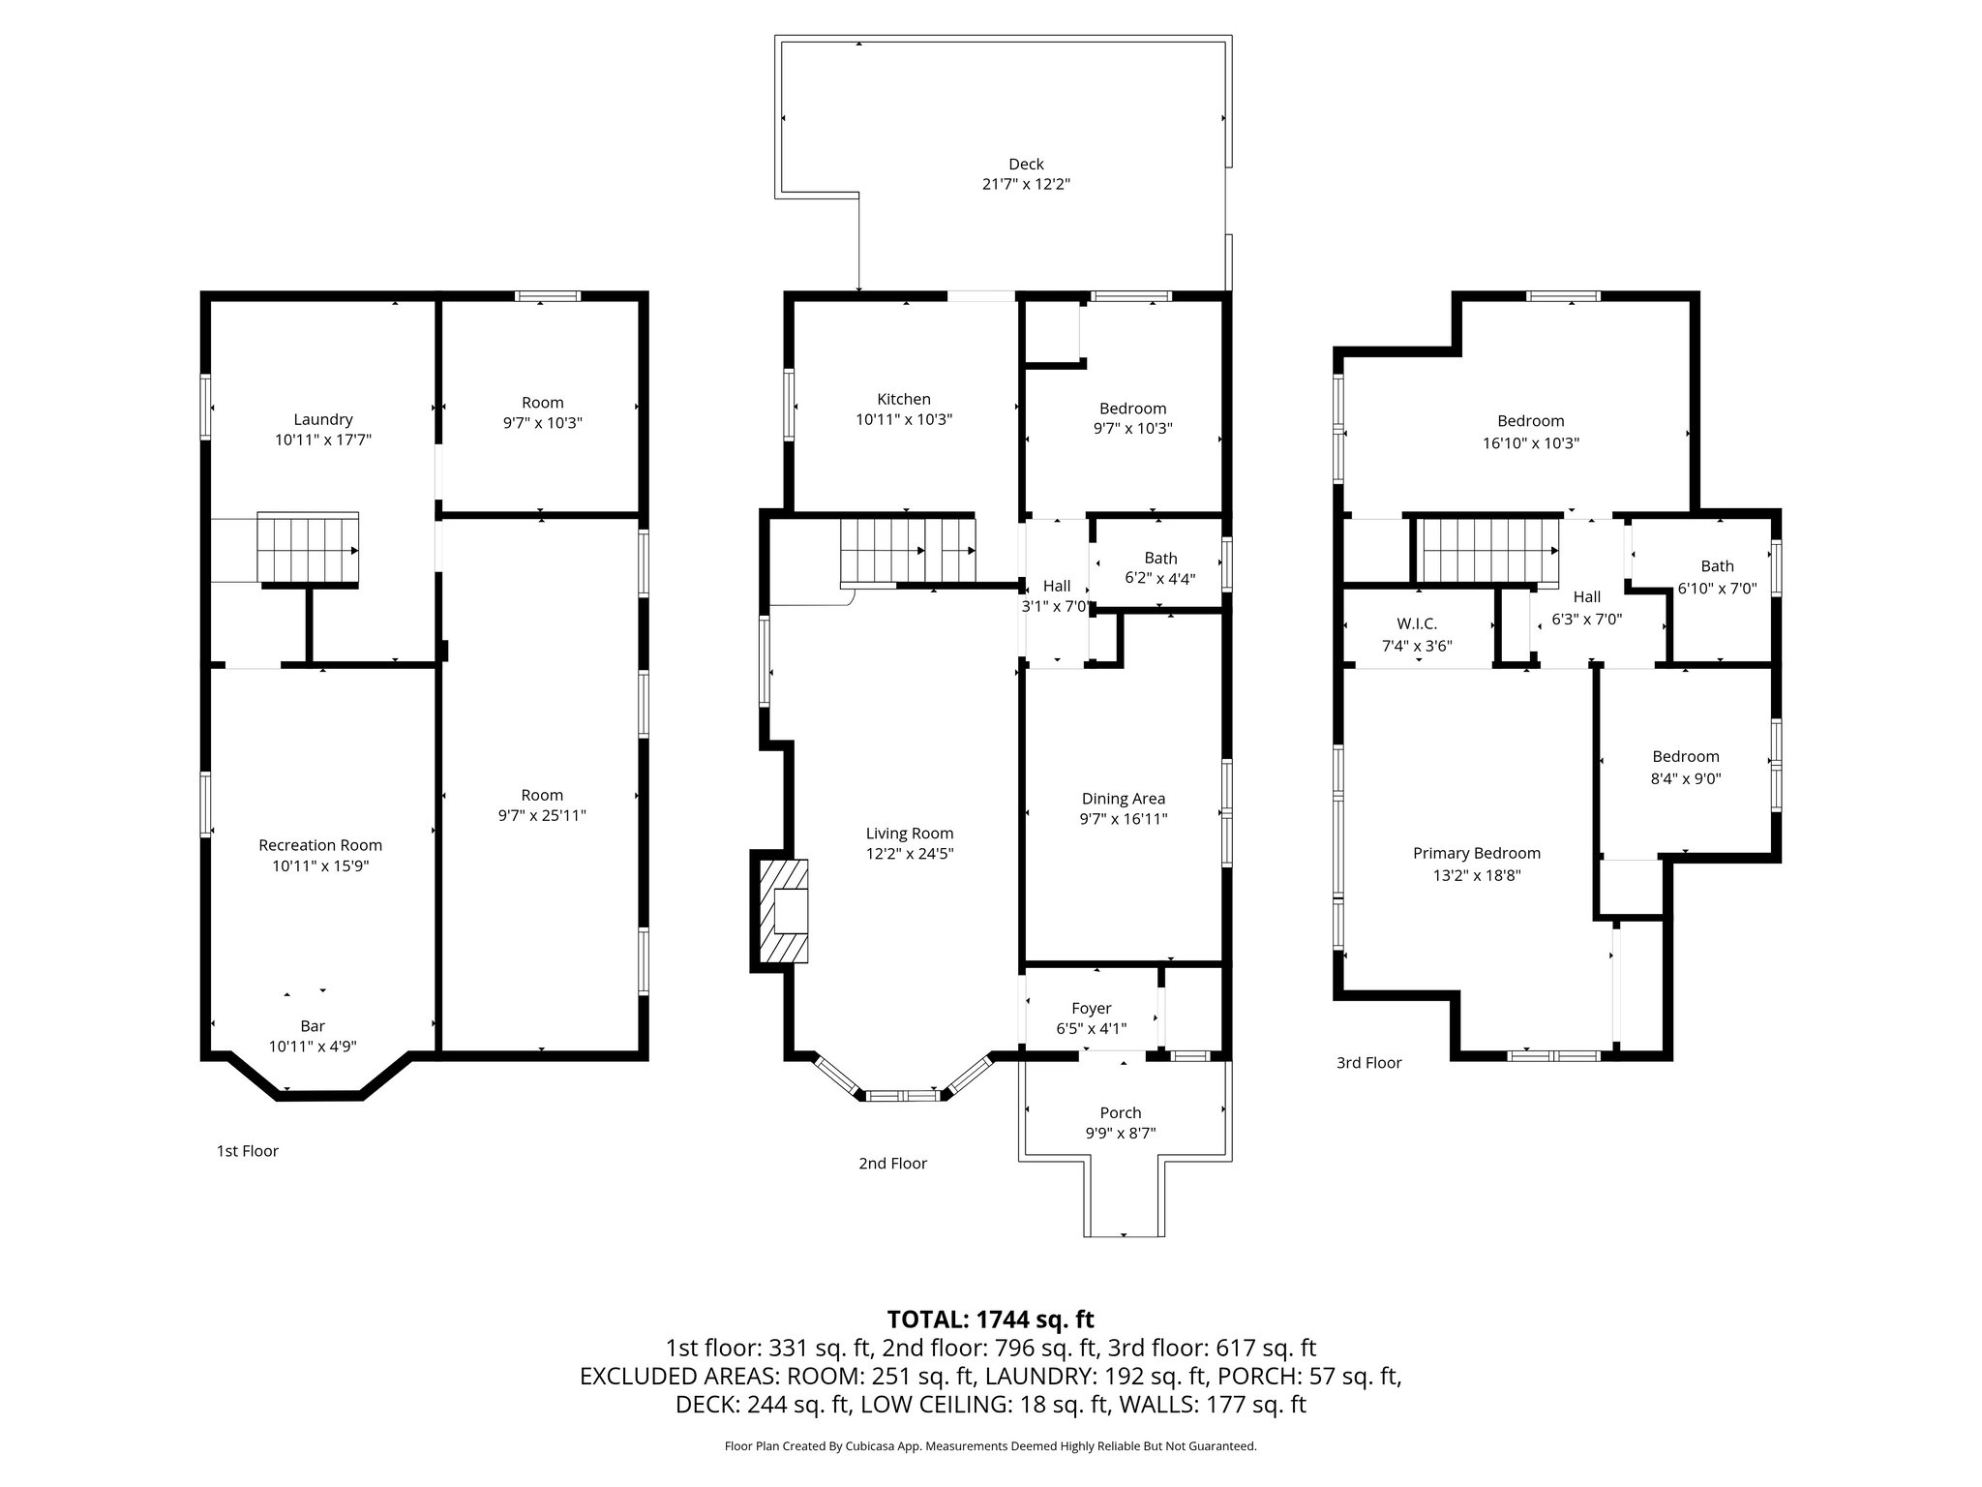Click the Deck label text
click(1026, 165)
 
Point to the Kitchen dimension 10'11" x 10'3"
click(904, 420)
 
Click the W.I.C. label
click(1416, 623)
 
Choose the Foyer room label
click(1091, 1008)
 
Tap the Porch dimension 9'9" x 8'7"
click(1121, 1134)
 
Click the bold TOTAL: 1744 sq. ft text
click(990, 1319)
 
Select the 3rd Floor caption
click(1368, 1063)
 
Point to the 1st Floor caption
click(247, 1151)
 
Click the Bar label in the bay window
click(313, 1026)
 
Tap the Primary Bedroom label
click(1476, 853)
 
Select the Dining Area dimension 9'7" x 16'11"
click(1124, 819)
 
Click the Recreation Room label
click(320, 845)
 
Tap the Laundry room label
click(323, 419)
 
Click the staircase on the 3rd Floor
click(1488, 550)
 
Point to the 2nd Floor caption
click(892, 1164)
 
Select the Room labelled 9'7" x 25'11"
click(542, 805)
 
